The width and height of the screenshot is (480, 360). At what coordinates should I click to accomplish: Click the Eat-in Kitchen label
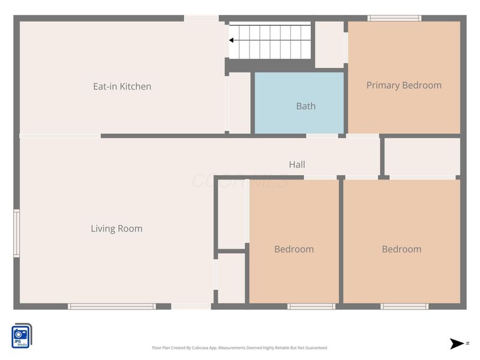pyautogui.click(x=122, y=86)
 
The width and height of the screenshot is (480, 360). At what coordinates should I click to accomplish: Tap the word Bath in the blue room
pyautogui.click(x=305, y=106)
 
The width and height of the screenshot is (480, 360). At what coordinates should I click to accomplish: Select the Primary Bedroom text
pyautogui.click(x=404, y=85)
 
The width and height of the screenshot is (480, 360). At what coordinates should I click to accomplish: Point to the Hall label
pyautogui.click(x=297, y=164)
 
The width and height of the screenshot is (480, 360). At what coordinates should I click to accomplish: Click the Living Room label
pyautogui.click(x=116, y=229)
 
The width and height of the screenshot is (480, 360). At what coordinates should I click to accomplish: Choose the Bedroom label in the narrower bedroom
pyautogui.click(x=294, y=249)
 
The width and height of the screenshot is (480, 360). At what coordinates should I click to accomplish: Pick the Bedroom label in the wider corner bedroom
pyautogui.click(x=401, y=249)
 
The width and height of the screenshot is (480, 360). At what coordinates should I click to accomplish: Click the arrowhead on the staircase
pyautogui.click(x=231, y=41)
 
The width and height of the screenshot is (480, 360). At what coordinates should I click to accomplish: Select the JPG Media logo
pyautogui.click(x=22, y=335)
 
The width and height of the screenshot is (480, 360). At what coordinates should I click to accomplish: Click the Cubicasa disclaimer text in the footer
pyautogui.click(x=240, y=348)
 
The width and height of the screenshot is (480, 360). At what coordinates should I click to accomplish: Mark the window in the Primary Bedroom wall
pyautogui.click(x=394, y=18)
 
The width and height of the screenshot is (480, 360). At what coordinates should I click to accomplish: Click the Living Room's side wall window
pyautogui.click(x=17, y=233)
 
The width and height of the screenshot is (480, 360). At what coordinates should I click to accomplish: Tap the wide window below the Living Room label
pyautogui.click(x=112, y=307)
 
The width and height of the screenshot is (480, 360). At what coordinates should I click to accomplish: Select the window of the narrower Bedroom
pyautogui.click(x=311, y=307)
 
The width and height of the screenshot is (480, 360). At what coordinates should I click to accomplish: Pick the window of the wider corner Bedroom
pyautogui.click(x=404, y=307)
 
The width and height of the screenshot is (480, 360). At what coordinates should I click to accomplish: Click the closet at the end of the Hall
pyautogui.click(x=422, y=157)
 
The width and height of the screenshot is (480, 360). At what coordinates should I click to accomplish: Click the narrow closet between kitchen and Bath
pyautogui.click(x=239, y=103)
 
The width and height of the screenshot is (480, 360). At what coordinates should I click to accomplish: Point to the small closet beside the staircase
pyautogui.click(x=329, y=44)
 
